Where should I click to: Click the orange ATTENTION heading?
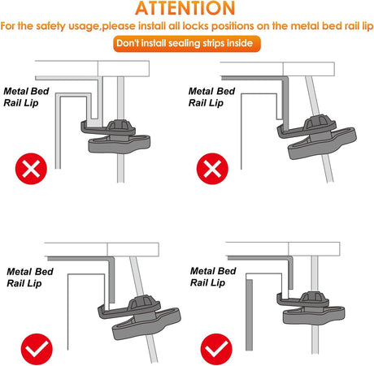pyautogui.click(x=185, y=8)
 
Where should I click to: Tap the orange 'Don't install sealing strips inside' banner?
pyautogui.click(x=187, y=44)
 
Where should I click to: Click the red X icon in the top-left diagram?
pyautogui.click(x=31, y=169)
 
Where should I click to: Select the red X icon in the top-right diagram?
pyautogui.click(x=212, y=169)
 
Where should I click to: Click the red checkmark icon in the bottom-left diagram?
pyautogui.click(x=37, y=349)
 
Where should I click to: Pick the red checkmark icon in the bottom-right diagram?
pyautogui.click(x=216, y=349)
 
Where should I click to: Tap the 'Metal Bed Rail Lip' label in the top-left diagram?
pyautogui.click(x=26, y=97)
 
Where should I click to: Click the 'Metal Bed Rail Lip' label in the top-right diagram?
pyautogui.click(x=211, y=97)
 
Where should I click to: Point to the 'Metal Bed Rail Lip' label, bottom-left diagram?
pyautogui.click(x=30, y=278)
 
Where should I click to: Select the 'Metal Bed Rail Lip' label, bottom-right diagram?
pyautogui.click(x=213, y=277)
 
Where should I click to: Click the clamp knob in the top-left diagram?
pyautogui.click(x=120, y=125)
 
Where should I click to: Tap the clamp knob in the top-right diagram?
pyautogui.click(x=319, y=123)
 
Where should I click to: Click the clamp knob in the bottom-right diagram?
pyautogui.click(x=314, y=298)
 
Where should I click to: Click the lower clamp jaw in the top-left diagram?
pyautogui.click(x=120, y=144)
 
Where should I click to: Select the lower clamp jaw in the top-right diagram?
pyautogui.click(x=322, y=144)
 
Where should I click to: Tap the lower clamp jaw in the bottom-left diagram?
pyautogui.click(x=146, y=324)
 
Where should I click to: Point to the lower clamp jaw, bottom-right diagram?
pyautogui.click(x=314, y=316)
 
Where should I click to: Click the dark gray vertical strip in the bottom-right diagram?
pyautogui.click(x=249, y=315)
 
